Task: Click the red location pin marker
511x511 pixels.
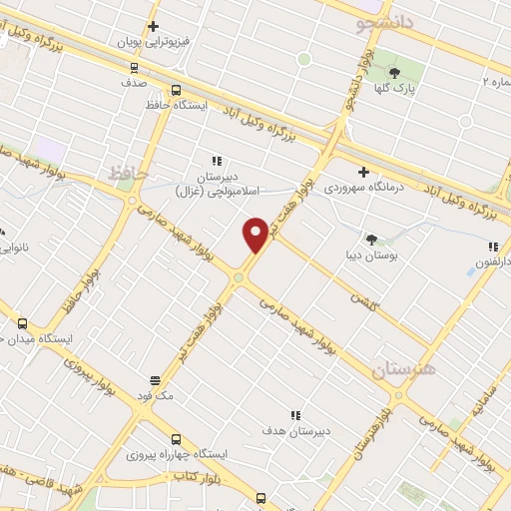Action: coord(255,235)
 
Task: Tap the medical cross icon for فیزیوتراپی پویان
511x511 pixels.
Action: coord(153,27)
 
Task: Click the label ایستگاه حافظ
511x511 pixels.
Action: coord(205,104)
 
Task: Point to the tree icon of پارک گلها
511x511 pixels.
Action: coord(393,72)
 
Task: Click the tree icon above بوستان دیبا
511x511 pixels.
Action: coord(371,239)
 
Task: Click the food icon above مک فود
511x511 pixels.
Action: coord(155,379)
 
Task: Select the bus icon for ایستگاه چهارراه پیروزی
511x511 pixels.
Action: coord(177,438)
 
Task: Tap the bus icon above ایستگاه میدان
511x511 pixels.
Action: coord(22,323)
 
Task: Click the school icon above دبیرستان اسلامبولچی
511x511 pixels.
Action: coord(214,160)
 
